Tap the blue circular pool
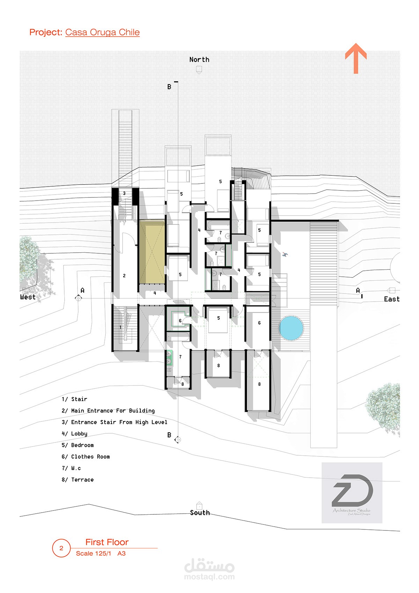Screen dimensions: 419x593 point(291,328)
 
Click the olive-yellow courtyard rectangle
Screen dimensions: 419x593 point(152,252)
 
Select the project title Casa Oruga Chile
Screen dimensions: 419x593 point(102,32)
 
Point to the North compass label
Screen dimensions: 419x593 point(199,59)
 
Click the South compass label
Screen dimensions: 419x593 point(200,513)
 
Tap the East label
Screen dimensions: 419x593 point(392,299)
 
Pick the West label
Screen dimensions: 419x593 point(28,297)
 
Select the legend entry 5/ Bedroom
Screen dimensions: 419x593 point(78,445)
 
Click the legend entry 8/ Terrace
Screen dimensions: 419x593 point(78,479)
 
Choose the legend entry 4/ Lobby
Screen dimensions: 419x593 point(74,434)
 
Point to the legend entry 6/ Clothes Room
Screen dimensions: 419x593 point(86,457)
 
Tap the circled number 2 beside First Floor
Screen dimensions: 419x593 point(61,548)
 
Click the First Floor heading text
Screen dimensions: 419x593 point(107,542)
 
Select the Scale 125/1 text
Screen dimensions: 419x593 point(94,553)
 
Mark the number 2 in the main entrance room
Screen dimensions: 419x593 point(124,276)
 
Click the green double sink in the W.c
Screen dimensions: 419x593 point(169,358)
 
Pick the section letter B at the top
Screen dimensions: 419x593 point(169,87)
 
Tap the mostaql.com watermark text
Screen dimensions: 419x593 point(209,577)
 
